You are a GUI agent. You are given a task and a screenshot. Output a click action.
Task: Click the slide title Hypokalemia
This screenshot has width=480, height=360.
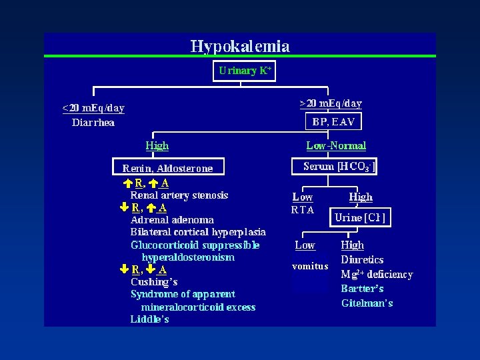click(240, 46)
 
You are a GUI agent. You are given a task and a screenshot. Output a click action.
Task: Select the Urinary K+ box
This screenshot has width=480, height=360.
click(245, 71)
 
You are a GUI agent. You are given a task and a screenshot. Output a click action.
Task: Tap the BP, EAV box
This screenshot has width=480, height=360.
click(333, 122)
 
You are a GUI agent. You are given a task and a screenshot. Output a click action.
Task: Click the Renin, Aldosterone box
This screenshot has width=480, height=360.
click(167, 168)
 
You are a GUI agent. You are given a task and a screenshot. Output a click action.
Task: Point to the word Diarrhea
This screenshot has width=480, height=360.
click(93, 122)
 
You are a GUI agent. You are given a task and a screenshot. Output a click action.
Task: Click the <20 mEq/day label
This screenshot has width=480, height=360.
click(93, 108)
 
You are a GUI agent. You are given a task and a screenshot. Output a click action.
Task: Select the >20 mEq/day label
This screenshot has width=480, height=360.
click(331, 103)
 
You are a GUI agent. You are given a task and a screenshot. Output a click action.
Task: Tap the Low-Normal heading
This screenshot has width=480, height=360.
click(336, 145)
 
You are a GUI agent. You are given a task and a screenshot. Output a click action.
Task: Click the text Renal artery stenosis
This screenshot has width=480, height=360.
click(179, 195)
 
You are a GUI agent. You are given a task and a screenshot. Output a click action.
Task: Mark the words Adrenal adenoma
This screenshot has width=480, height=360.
click(172, 219)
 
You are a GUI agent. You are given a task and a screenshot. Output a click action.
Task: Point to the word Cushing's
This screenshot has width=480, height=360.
click(154, 281)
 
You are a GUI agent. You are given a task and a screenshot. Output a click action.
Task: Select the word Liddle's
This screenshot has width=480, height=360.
click(149, 319)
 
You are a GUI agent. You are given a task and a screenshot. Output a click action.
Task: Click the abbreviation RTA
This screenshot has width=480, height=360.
click(303, 210)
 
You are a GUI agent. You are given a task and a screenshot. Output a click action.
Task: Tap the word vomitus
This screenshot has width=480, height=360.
click(310, 267)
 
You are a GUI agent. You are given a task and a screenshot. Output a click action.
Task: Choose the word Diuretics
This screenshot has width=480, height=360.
click(362, 260)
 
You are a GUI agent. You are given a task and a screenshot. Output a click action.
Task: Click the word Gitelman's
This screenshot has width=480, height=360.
click(367, 303)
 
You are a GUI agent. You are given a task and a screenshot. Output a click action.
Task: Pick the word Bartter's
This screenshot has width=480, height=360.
click(362, 289)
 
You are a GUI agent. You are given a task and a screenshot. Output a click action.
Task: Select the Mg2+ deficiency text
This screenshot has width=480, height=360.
click(377, 274)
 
